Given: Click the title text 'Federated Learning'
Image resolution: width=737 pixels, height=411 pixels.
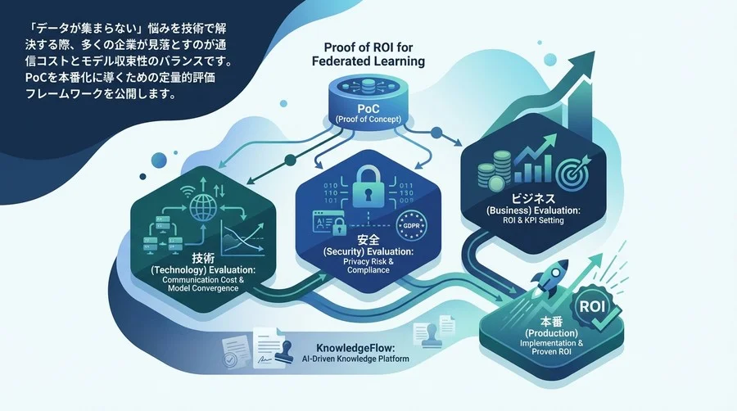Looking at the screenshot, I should [x=368, y=61].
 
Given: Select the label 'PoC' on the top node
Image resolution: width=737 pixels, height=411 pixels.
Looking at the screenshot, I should [x=367, y=109].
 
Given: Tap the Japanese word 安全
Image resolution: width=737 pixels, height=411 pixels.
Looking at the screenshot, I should [x=368, y=239].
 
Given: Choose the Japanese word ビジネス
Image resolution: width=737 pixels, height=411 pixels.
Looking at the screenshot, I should [x=533, y=199].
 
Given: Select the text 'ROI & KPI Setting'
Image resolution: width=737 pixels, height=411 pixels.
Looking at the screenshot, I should [x=533, y=222].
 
